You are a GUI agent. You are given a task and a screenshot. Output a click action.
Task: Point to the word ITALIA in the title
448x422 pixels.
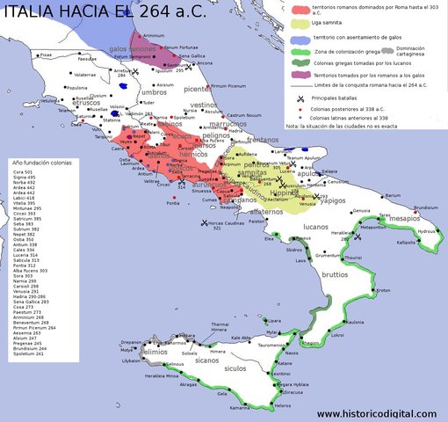(x=34, y=12)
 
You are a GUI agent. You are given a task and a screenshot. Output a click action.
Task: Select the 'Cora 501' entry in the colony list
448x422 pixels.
(x=25, y=172)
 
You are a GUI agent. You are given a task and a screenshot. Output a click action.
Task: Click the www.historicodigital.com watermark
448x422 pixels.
(x=379, y=413)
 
